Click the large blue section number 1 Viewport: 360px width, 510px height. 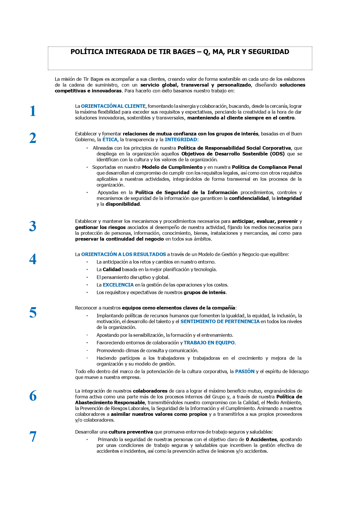point(33,111)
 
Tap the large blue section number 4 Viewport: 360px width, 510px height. point(33,259)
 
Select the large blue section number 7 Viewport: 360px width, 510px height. point(33,437)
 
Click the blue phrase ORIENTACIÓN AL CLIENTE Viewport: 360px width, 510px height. point(113,106)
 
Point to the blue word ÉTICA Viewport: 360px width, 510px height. point(110,140)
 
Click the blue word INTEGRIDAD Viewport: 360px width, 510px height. point(181,140)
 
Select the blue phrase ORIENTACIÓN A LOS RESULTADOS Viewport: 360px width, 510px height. point(124,255)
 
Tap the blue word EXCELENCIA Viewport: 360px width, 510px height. point(118,285)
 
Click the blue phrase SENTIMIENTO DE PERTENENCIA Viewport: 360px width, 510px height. point(220,322)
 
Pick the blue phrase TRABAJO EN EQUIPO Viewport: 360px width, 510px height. point(209,343)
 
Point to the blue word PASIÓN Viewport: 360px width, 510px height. point(245,372)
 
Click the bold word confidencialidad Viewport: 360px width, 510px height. point(249,198)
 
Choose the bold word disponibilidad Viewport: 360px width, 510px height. point(123,204)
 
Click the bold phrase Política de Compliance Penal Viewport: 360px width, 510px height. point(267,167)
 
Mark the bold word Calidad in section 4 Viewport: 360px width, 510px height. point(112,270)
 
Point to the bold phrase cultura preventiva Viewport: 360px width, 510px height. point(131,432)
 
